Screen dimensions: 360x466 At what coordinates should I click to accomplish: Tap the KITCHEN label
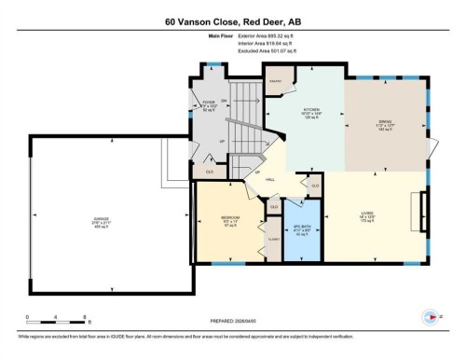[311, 111]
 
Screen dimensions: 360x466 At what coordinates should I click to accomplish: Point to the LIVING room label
[367, 214]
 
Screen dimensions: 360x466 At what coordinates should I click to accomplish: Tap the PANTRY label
[276, 82]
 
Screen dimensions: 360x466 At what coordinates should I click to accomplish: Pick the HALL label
[270, 178]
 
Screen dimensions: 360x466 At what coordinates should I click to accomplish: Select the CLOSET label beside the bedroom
[272, 239]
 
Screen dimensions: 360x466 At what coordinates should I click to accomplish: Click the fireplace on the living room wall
[425, 205]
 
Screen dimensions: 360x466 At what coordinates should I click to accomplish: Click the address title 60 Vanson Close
[232, 21]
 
